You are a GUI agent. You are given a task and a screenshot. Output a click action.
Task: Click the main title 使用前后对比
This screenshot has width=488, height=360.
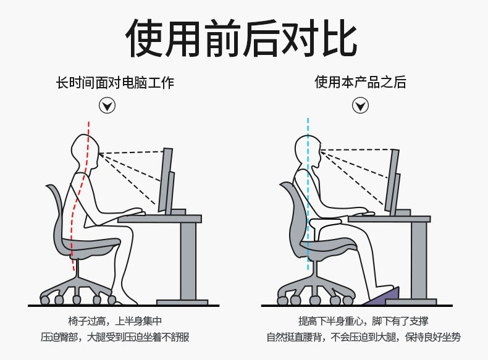coord(242,38)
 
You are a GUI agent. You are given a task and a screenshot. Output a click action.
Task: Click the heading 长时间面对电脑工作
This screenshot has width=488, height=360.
coord(115,83)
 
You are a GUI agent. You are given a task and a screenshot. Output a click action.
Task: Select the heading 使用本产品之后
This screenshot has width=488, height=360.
coord(360,82)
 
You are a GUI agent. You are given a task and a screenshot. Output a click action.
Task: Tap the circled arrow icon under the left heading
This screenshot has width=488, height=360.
coord(107,106)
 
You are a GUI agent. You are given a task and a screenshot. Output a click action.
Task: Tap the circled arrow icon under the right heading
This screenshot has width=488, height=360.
coord(360,105)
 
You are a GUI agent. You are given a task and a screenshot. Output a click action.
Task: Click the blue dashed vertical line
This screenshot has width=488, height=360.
coord(308,195)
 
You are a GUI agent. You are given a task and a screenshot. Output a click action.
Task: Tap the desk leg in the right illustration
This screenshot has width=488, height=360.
coord(419,261)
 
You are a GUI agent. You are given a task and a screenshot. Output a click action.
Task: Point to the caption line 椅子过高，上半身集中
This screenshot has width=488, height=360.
coord(115,321)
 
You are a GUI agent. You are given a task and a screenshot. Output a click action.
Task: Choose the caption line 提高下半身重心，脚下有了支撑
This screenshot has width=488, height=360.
coord(363,321)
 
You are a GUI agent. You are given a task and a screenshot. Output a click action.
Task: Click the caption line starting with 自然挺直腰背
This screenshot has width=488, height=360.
coord(363,337)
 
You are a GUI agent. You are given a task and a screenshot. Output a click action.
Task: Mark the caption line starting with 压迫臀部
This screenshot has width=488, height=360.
coord(115,337)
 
